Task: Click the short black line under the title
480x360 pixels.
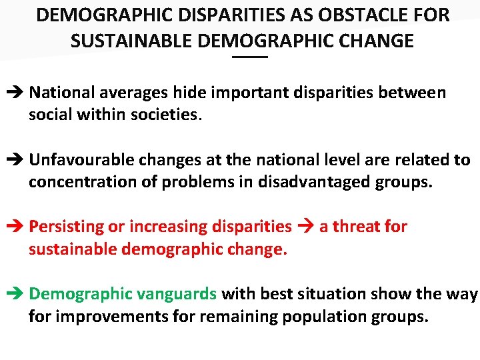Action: pos(249,59)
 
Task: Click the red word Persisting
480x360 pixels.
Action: pos(65,227)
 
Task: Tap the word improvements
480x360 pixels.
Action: pos(111,316)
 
